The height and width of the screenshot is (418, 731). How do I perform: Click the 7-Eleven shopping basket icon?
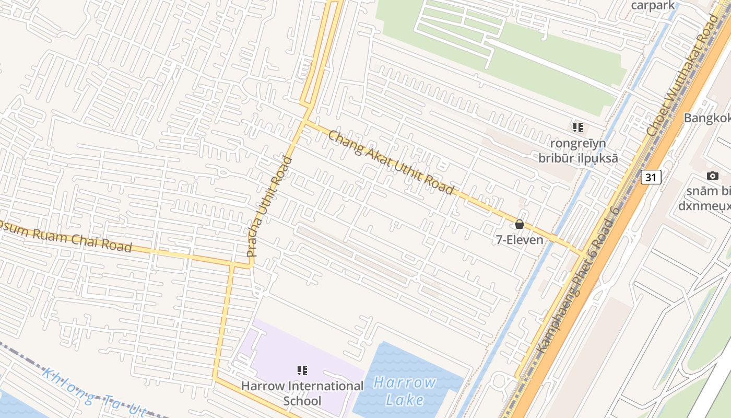pos(519,224)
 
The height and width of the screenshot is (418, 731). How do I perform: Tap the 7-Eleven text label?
pos(519,240)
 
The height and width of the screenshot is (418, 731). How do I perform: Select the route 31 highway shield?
pos(651,177)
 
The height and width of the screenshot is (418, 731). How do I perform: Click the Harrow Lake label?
pos(405,391)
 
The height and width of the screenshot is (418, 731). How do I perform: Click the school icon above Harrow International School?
pos(302,370)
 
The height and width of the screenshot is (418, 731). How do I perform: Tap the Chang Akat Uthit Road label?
pos(391,162)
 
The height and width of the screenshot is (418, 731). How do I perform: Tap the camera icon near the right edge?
pos(712,176)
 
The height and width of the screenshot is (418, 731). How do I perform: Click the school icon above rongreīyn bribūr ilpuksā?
pos(577,127)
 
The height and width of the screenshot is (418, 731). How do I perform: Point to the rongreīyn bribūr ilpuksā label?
pos(577,150)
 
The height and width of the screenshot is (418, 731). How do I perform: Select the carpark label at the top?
pos(653,5)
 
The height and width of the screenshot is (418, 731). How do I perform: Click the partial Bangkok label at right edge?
pos(707,118)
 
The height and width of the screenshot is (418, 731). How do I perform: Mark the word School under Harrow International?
pos(302,401)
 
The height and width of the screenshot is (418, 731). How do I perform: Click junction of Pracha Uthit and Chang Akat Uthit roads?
pos(305,121)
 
